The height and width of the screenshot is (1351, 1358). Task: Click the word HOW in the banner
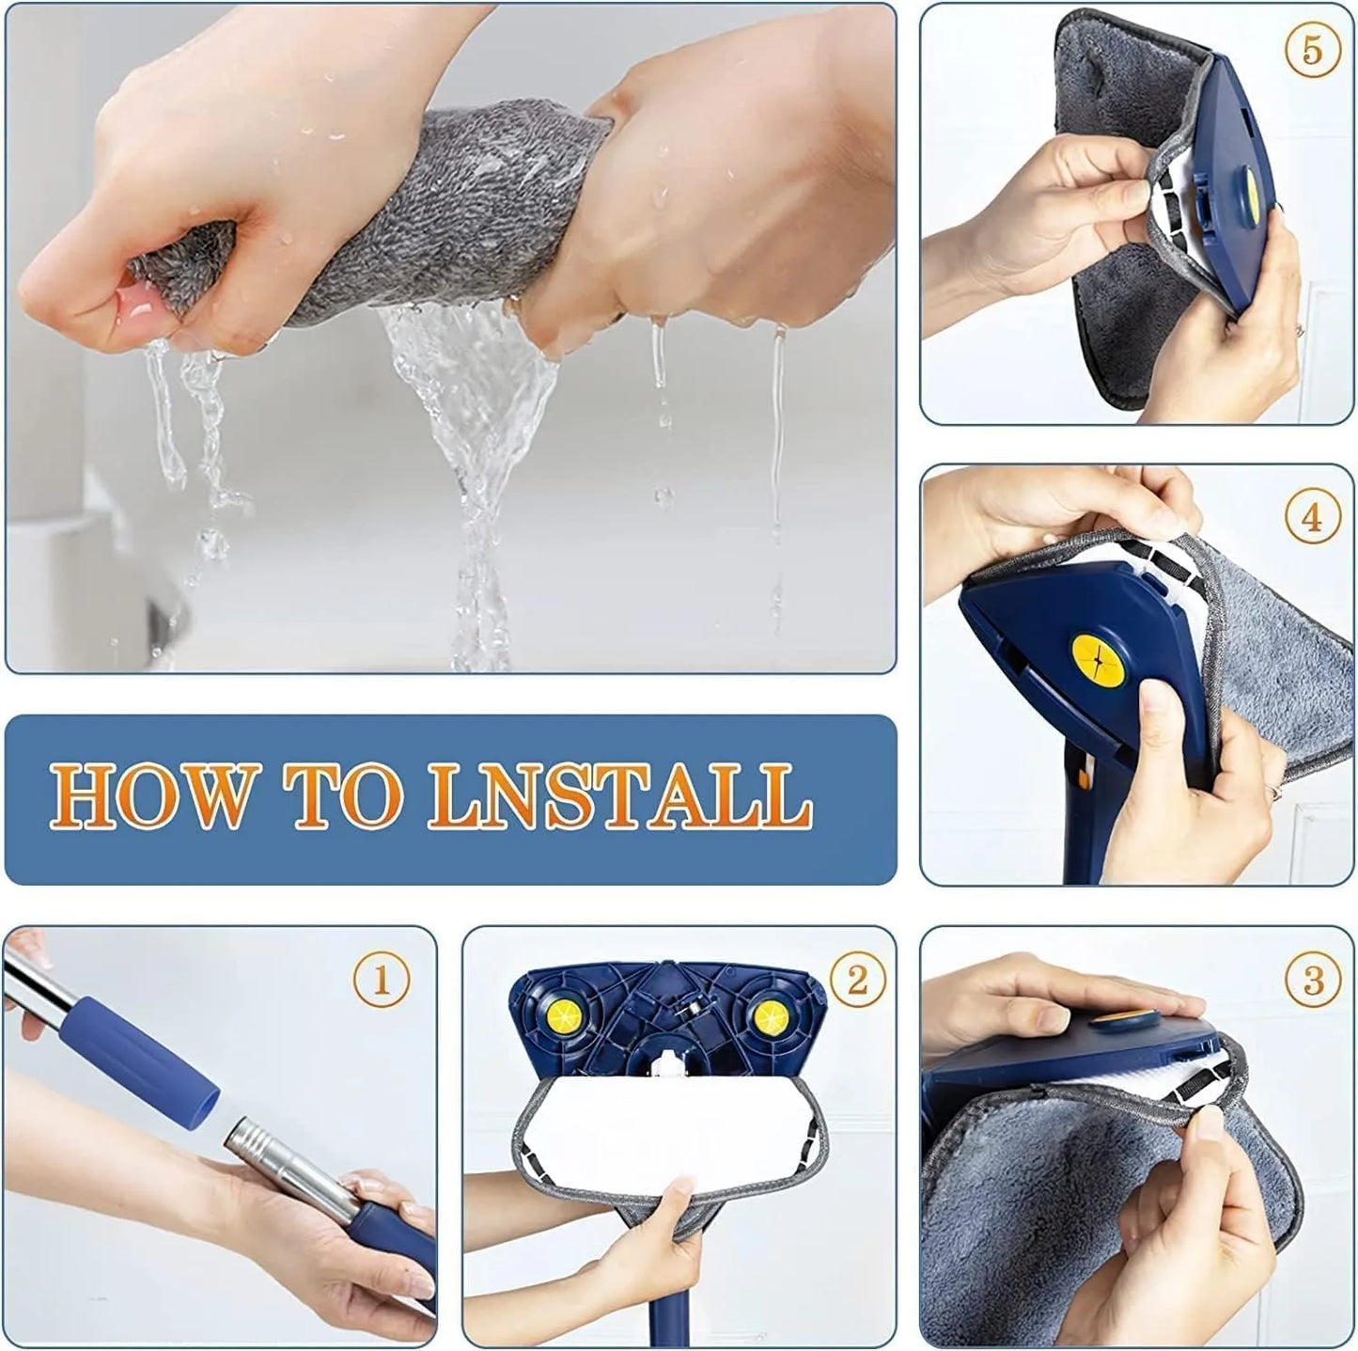click(x=150, y=796)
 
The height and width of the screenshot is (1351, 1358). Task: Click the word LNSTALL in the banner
click(x=620, y=796)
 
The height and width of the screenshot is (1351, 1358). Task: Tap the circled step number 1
click(x=381, y=981)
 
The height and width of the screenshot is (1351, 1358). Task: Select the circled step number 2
click(x=857, y=981)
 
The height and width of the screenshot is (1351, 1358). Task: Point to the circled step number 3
click(x=1313, y=981)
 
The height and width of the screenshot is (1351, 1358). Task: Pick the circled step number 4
click(x=1313, y=518)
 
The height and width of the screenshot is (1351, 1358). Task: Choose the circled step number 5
click(x=1313, y=50)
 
